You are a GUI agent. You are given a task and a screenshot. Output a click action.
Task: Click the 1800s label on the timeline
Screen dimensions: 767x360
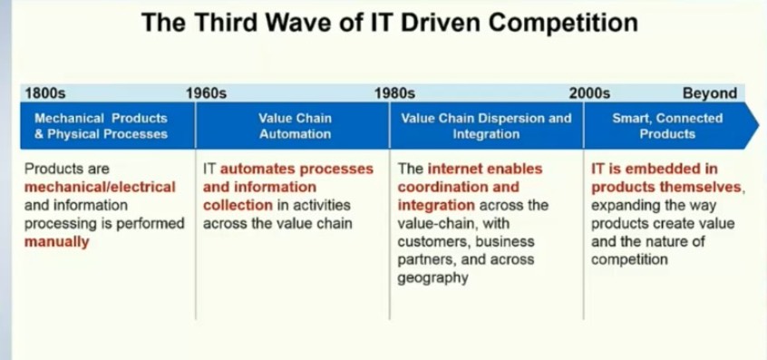(45, 92)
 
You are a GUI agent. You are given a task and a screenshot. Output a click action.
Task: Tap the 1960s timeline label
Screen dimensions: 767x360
(206, 92)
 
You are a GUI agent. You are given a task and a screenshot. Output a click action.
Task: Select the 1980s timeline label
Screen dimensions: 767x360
(394, 92)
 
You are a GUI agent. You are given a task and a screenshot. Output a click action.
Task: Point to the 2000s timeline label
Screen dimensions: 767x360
(589, 92)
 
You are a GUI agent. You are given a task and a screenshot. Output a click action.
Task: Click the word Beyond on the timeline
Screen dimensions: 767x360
(710, 92)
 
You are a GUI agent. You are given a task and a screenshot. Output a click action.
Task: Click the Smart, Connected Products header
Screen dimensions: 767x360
(667, 126)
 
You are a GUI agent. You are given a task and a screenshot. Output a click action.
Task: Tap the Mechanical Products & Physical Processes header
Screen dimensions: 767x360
(108, 126)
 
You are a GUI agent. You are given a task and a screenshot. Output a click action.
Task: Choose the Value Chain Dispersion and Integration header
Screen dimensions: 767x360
(486, 126)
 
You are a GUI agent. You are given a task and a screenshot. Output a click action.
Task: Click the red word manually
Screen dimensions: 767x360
(57, 241)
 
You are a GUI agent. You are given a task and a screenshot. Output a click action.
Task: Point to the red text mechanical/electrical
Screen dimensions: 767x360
(100, 187)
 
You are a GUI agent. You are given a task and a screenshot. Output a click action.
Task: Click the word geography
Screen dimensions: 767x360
(432, 277)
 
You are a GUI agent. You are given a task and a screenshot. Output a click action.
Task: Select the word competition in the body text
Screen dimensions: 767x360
(629, 259)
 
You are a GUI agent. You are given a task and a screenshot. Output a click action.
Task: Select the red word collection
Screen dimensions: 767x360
(238, 206)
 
